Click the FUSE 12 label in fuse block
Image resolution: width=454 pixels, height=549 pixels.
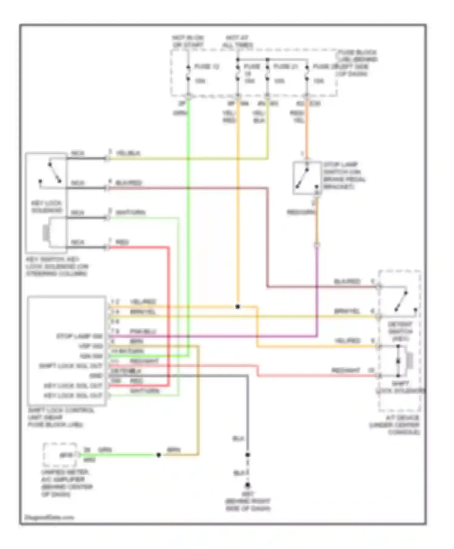(x=206, y=66)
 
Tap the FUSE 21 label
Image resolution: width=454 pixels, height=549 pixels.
(x=286, y=66)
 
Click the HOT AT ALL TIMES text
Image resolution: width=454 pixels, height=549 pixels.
(x=238, y=41)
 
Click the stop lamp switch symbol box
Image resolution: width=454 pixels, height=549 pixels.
(x=307, y=178)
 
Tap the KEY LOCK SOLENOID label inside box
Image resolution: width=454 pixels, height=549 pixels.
(x=47, y=207)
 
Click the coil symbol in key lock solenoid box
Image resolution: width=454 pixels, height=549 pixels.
(x=46, y=233)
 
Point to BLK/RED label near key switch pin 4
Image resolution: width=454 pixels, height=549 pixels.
(x=129, y=183)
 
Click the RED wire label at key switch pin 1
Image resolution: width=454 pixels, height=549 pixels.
(x=122, y=242)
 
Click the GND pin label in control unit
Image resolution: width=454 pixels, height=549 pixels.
(x=96, y=376)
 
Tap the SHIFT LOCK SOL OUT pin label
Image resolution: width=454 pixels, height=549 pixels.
(x=71, y=366)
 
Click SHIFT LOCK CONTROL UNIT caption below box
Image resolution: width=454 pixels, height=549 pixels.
(x=61, y=417)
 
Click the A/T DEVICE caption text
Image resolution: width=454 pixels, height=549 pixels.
(x=396, y=425)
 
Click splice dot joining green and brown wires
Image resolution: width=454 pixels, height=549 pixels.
(x=158, y=455)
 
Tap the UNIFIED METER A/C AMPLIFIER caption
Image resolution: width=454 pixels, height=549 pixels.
(x=66, y=483)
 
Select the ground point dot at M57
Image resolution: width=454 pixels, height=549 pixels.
(x=248, y=485)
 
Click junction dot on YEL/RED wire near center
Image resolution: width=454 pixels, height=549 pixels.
(x=238, y=307)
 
